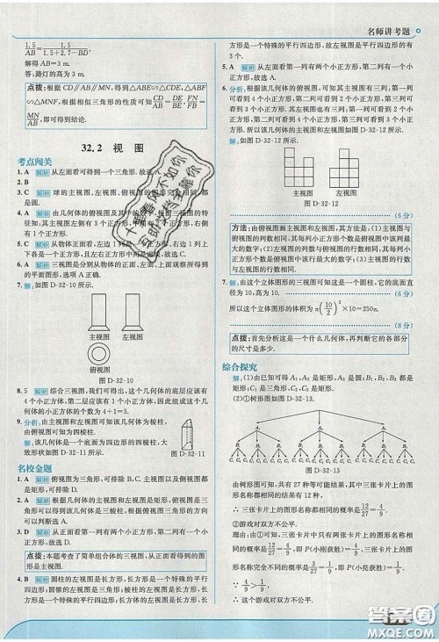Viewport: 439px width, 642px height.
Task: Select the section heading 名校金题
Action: (34, 470)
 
